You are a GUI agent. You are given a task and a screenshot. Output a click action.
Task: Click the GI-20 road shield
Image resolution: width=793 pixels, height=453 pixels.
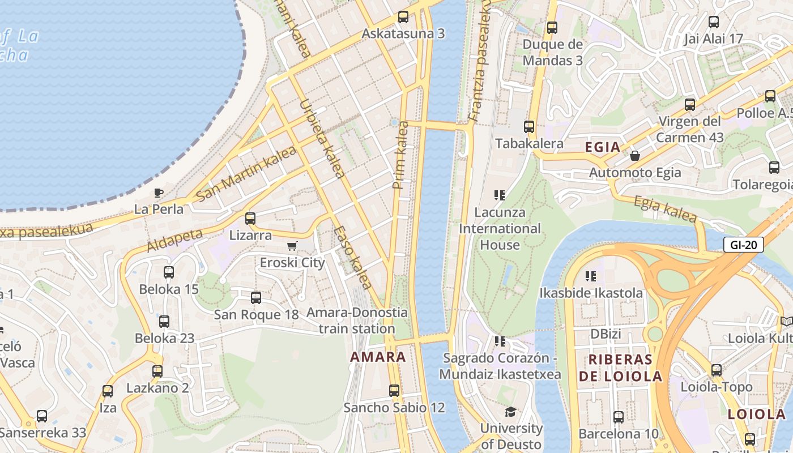(x=744, y=245)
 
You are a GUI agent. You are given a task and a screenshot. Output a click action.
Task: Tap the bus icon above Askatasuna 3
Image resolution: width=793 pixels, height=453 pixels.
(x=403, y=17)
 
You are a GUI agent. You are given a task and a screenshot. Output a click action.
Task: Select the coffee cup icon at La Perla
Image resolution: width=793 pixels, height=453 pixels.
(x=159, y=193)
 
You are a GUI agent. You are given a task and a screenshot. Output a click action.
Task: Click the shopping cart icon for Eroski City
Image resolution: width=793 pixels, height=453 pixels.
(x=292, y=246)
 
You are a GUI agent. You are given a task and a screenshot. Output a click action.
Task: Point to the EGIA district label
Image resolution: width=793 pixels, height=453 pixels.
(x=603, y=148)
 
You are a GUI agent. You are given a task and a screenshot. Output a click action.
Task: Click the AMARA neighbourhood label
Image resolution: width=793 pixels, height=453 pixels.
(x=378, y=357)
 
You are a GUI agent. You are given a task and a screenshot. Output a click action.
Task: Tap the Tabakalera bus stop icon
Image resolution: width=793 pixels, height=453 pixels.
(x=529, y=127)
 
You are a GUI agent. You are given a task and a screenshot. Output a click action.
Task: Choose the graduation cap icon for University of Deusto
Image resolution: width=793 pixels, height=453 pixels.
(x=511, y=412)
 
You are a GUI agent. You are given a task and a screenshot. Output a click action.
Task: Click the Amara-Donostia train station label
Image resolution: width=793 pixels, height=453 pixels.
(x=357, y=320)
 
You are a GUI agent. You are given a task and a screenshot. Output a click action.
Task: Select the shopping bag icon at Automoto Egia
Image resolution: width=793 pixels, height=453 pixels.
(x=635, y=156)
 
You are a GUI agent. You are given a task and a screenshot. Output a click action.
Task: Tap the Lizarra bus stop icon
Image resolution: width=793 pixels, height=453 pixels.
(x=250, y=218)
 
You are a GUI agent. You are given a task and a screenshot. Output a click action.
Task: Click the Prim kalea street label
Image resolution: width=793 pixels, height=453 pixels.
(x=400, y=155)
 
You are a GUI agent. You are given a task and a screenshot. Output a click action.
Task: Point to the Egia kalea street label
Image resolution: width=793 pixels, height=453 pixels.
(x=665, y=209)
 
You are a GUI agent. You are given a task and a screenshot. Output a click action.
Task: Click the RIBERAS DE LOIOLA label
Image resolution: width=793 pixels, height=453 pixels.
(x=620, y=368)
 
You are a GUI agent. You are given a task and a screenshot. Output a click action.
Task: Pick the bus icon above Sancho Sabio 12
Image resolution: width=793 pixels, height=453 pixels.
(x=394, y=390)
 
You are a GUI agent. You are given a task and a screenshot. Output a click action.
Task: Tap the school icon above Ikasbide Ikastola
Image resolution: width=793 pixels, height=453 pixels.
(x=591, y=276)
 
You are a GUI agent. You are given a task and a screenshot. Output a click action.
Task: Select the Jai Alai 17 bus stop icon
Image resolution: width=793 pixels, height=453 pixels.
(x=714, y=22)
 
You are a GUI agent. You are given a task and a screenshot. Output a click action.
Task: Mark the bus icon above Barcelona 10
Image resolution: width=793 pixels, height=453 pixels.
(x=619, y=417)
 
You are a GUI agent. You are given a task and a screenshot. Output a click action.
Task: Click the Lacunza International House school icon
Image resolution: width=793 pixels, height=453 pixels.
(x=500, y=195)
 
